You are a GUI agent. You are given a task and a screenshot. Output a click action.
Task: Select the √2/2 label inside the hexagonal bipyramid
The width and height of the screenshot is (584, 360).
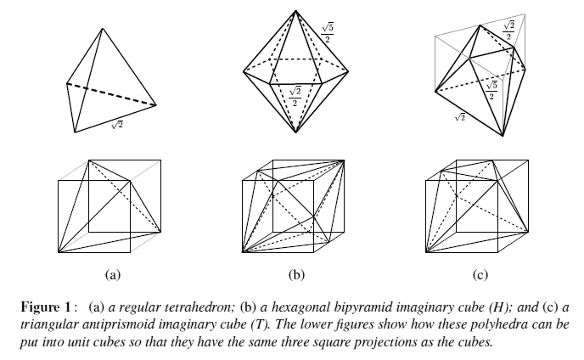pos(295,95)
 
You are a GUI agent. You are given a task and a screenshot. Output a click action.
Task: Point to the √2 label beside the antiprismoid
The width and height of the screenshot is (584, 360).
pos(459,116)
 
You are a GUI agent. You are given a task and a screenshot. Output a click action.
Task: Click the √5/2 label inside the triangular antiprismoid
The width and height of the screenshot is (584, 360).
pos(490,88)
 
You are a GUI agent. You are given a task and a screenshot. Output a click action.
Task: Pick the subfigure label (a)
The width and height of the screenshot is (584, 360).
pos(111,274)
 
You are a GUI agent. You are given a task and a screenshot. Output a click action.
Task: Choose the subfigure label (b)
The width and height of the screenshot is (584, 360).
pos(295,274)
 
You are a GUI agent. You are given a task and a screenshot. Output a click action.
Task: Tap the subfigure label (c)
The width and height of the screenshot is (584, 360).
pos(480,274)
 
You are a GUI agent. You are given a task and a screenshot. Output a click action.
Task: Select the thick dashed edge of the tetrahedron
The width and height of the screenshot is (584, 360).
pos(111,94)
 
